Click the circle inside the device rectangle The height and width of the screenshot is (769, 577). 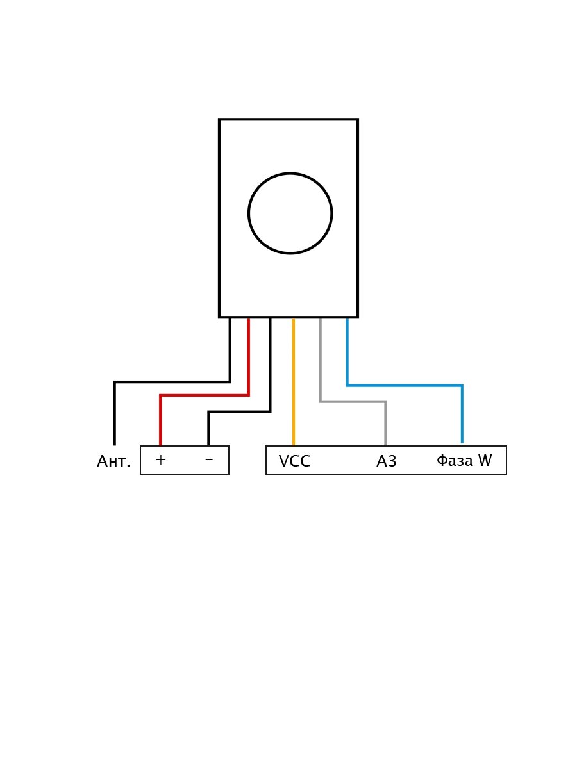click(290, 213)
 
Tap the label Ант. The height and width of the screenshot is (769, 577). click(113, 461)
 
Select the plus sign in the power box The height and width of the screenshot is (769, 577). click(160, 460)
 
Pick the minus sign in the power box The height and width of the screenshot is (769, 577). click(208, 460)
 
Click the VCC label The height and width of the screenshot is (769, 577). click(294, 461)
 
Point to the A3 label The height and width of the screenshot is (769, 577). click(387, 461)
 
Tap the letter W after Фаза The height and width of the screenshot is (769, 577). click(485, 461)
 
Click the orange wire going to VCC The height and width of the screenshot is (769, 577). click(294, 384)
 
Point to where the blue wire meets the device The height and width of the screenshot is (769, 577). click(347, 318)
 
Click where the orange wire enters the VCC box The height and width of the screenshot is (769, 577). click(294, 445)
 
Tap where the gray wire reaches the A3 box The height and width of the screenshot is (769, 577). click(386, 445)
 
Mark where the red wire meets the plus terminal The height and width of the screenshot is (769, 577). click(160, 445)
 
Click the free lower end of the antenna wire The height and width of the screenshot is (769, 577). click(115, 444)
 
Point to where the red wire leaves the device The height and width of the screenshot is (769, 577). click(249, 318)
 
